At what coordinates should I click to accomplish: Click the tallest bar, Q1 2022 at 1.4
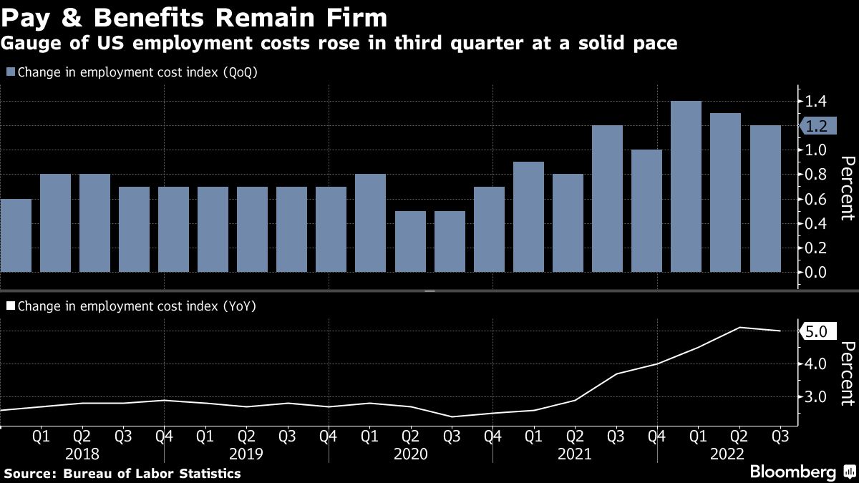point(686,187)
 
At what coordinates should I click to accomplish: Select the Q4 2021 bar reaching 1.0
point(646,211)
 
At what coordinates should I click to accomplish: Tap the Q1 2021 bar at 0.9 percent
point(528,217)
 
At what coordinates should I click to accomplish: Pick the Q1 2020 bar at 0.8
point(370,223)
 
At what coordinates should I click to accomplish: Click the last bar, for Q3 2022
point(765,199)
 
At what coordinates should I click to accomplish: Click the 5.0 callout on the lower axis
point(815,331)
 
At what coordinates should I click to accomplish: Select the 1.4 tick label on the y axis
point(816,102)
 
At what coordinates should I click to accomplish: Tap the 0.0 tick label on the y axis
point(816,272)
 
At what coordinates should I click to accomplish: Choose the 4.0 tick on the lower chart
point(815,364)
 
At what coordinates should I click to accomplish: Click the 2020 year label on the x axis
point(410,454)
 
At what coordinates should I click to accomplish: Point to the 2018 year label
point(82,454)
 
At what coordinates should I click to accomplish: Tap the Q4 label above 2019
point(329,436)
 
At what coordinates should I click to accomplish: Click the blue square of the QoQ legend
point(10,72)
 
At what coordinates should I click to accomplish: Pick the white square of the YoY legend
point(10,306)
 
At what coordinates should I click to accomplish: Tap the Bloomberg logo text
point(792,472)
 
